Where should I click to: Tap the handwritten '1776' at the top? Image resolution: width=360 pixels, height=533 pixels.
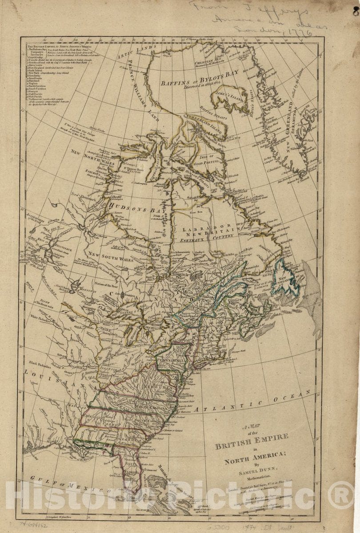[303, 32]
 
